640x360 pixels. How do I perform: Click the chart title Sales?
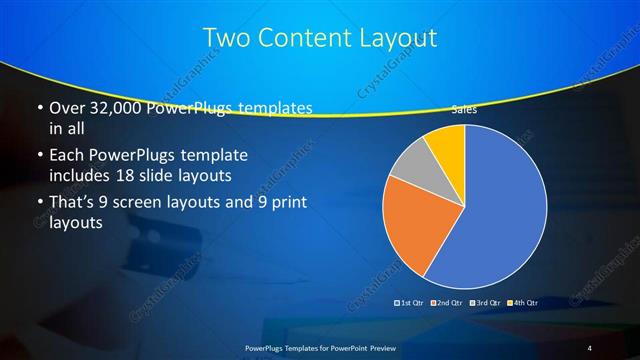464,110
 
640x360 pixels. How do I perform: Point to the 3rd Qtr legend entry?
487,302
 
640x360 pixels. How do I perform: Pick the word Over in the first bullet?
67,107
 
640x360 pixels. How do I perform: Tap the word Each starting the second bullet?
67,155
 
